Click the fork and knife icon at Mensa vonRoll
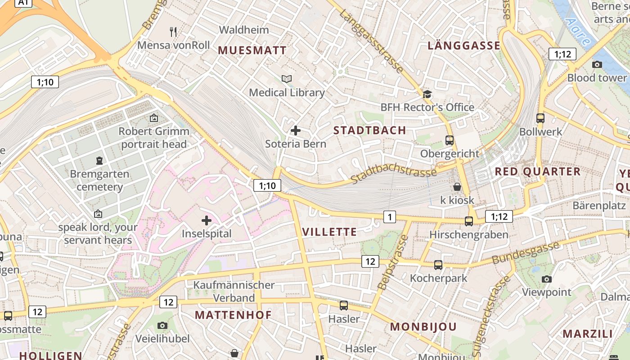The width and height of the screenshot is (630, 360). pyautogui.click(x=173, y=31)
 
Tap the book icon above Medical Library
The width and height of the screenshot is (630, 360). pyautogui.click(x=287, y=79)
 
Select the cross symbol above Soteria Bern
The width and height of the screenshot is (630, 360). pyautogui.click(x=296, y=130)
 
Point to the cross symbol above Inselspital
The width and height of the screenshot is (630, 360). pyautogui.click(x=207, y=220)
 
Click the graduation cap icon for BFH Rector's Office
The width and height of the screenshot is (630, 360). pyautogui.click(x=427, y=94)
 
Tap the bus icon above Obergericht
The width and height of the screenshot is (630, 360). pyautogui.click(x=450, y=140)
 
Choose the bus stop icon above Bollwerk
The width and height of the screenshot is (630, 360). pyautogui.click(x=540, y=118)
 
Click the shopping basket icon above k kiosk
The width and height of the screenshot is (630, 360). pyautogui.click(x=457, y=186)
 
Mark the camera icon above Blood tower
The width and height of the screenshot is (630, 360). pyautogui.click(x=597, y=64)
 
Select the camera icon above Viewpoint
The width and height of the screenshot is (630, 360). pyautogui.click(x=547, y=279)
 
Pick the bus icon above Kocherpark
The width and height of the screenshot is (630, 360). pyautogui.click(x=438, y=265)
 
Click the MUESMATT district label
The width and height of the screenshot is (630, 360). pyautogui.click(x=252, y=50)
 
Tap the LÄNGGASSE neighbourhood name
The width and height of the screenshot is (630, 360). pyautogui.click(x=464, y=45)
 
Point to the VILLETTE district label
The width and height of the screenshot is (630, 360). pyautogui.click(x=329, y=232)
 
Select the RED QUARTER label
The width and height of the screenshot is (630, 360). pyautogui.click(x=538, y=171)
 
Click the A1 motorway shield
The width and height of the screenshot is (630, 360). pyautogui.click(x=24, y=3)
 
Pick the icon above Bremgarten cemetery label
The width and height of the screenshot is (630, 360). pyautogui.click(x=99, y=160)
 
